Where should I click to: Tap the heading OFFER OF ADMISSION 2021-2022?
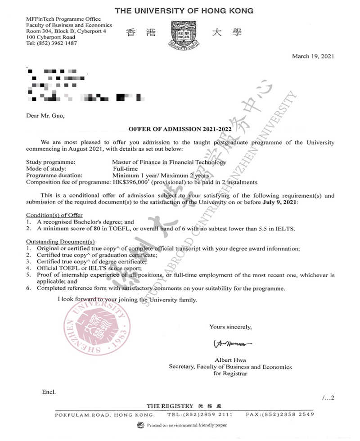point(180,129)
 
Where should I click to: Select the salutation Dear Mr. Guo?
point(45,116)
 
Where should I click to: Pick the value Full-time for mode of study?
point(125,168)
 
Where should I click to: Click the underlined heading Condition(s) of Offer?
point(54,215)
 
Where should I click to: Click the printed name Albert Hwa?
point(230,360)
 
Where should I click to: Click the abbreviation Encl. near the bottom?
point(49,392)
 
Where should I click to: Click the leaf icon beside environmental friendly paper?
point(141,425)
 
